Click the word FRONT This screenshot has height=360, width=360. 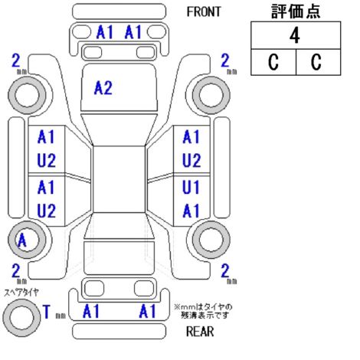click(x=204, y=11)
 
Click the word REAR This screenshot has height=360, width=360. click(x=200, y=332)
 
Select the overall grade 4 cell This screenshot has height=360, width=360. click(x=296, y=35)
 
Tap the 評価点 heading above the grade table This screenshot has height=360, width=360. click(x=296, y=11)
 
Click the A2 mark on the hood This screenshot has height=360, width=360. click(x=103, y=88)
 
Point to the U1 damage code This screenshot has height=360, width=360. click(x=191, y=187)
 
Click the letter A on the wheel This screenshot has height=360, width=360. click(x=22, y=241)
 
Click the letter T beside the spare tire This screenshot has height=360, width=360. click(x=47, y=312)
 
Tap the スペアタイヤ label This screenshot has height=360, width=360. click(x=21, y=293)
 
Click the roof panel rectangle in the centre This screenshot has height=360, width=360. click(x=119, y=179)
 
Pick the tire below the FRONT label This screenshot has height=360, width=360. click(x=211, y=95)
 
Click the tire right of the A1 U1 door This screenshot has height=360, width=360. click(x=211, y=240)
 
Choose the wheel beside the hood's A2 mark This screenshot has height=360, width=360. click(x=27, y=95)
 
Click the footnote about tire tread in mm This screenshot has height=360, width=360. click(x=204, y=311)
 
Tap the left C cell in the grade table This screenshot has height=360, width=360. click(x=273, y=62)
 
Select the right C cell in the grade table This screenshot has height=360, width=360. click(x=318, y=62)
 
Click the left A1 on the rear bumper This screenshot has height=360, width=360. click(x=91, y=311)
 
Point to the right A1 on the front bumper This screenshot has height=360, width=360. click(x=133, y=32)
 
